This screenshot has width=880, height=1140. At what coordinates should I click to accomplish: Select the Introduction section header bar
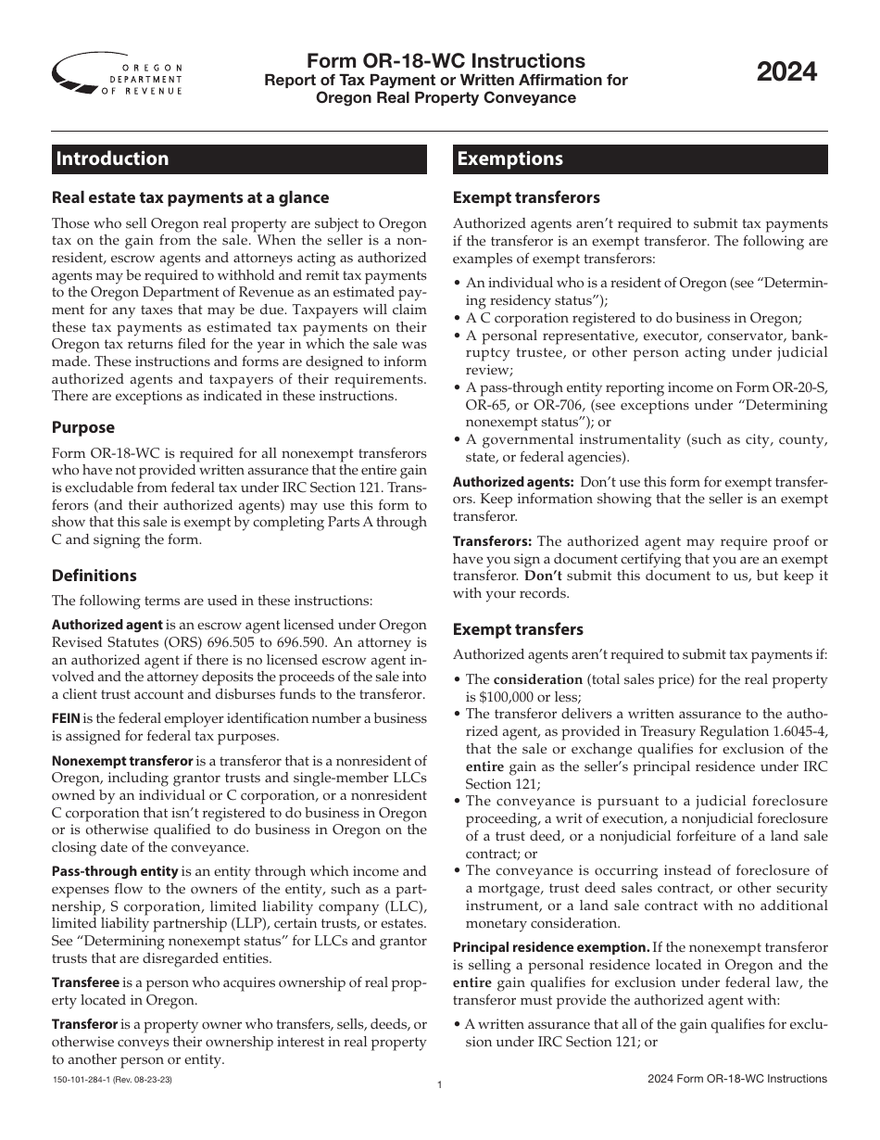point(239,159)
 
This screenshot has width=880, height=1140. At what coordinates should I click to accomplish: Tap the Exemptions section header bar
point(640,159)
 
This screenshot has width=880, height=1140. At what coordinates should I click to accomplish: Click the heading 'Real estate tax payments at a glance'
point(190,197)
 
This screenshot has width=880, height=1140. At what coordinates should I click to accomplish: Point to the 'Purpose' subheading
point(83,427)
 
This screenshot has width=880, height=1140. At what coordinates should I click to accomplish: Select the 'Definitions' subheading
point(94,576)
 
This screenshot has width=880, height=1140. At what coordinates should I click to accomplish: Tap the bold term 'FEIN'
point(66,718)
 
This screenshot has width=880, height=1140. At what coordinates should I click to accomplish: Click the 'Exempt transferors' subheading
point(526,197)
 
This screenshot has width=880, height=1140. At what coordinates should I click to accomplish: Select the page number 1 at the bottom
point(439,1083)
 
